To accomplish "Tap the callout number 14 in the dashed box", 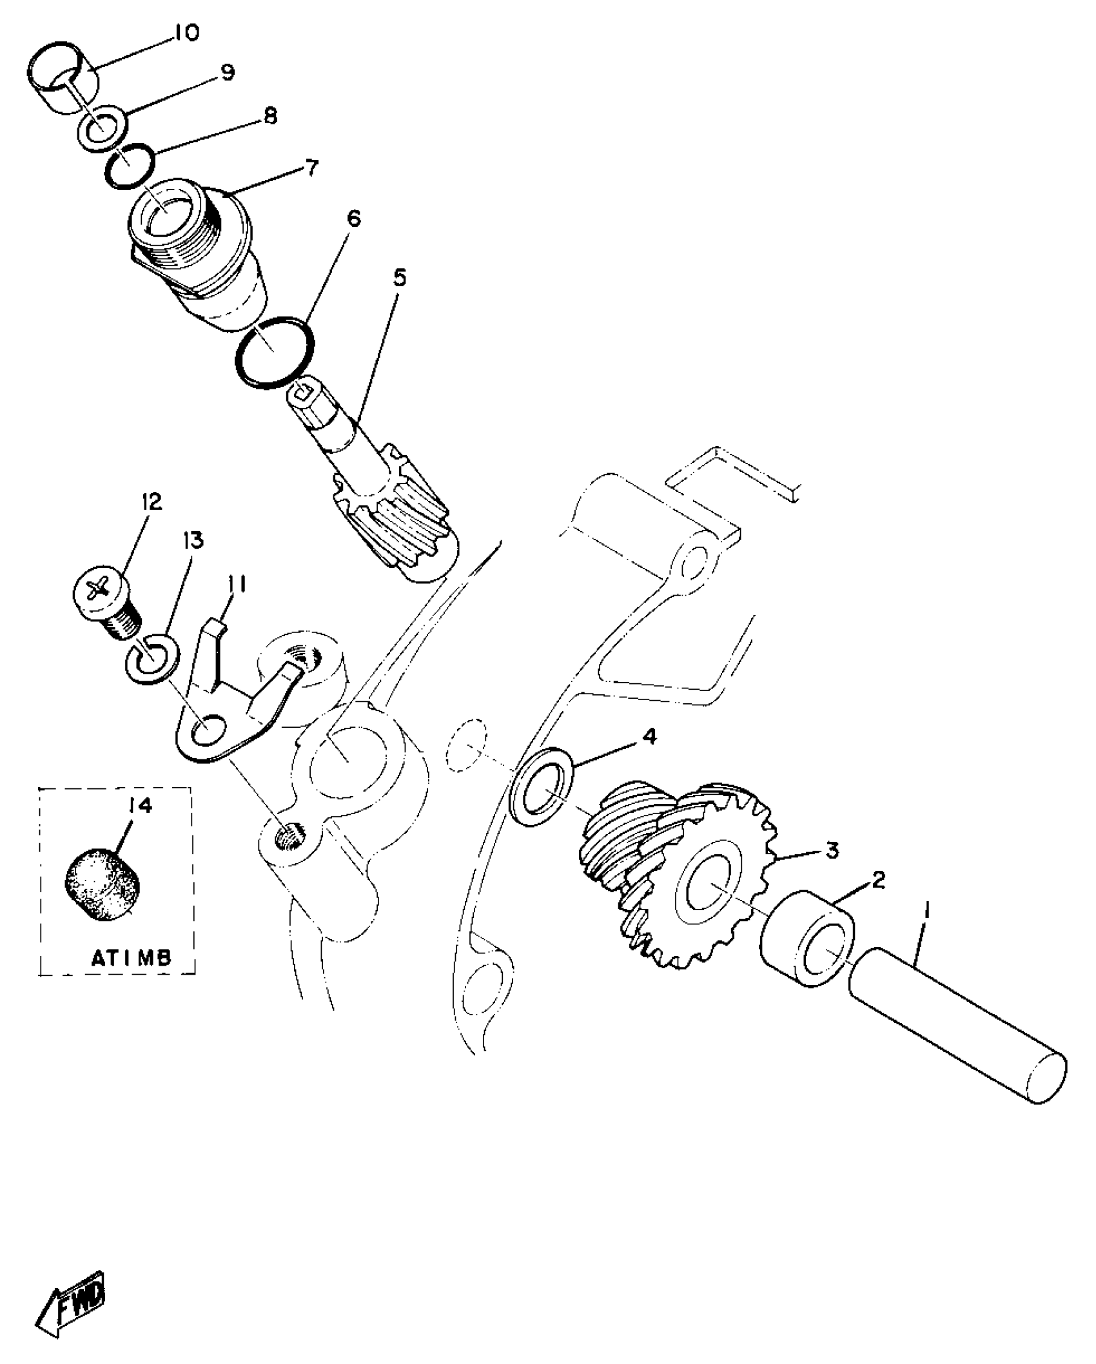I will (x=140, y=805).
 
